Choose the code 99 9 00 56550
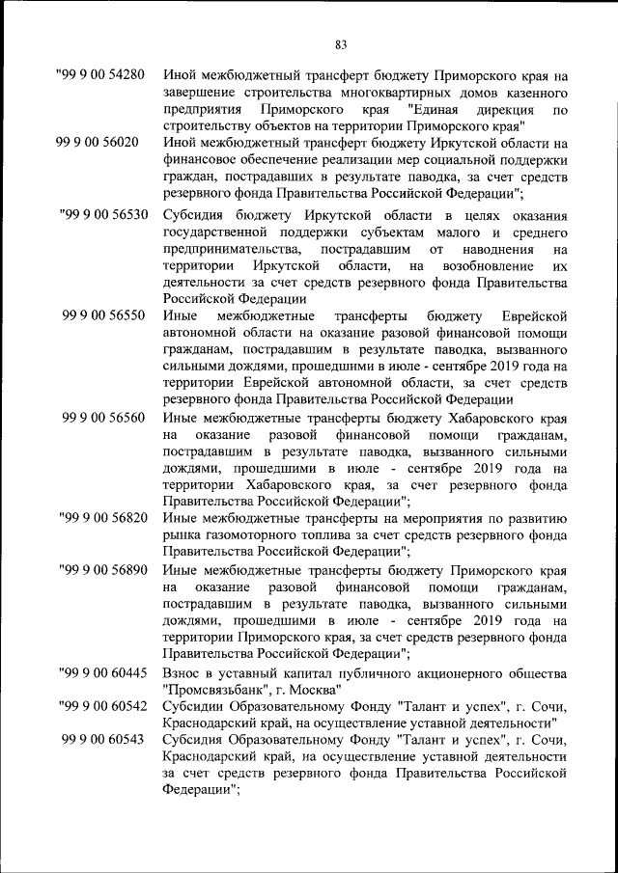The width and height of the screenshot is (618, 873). coord(103,316)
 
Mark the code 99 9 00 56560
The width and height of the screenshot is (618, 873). coord(103,418)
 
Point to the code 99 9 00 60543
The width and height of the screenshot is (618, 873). coord(103,739)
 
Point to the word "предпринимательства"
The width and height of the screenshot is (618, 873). coord(231,249)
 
